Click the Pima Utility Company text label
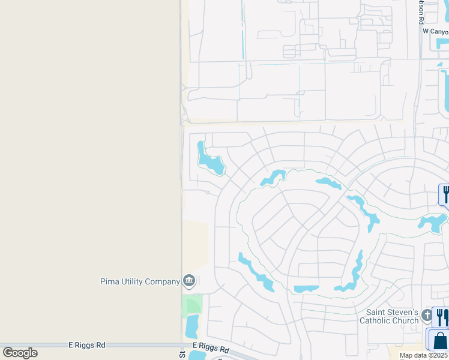[140, 281]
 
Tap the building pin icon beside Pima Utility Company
[189, 281]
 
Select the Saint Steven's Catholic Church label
[393, 316]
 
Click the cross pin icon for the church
[427, 315]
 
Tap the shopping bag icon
[440, 340]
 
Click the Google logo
[20, 353]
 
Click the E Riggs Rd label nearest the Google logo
[86, 346]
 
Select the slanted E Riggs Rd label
[211, 348]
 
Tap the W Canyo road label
[435, 31]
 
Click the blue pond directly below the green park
[192, 327]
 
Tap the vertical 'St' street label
[181, 355]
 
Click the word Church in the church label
[405, 320]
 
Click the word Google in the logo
[20, 353]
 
